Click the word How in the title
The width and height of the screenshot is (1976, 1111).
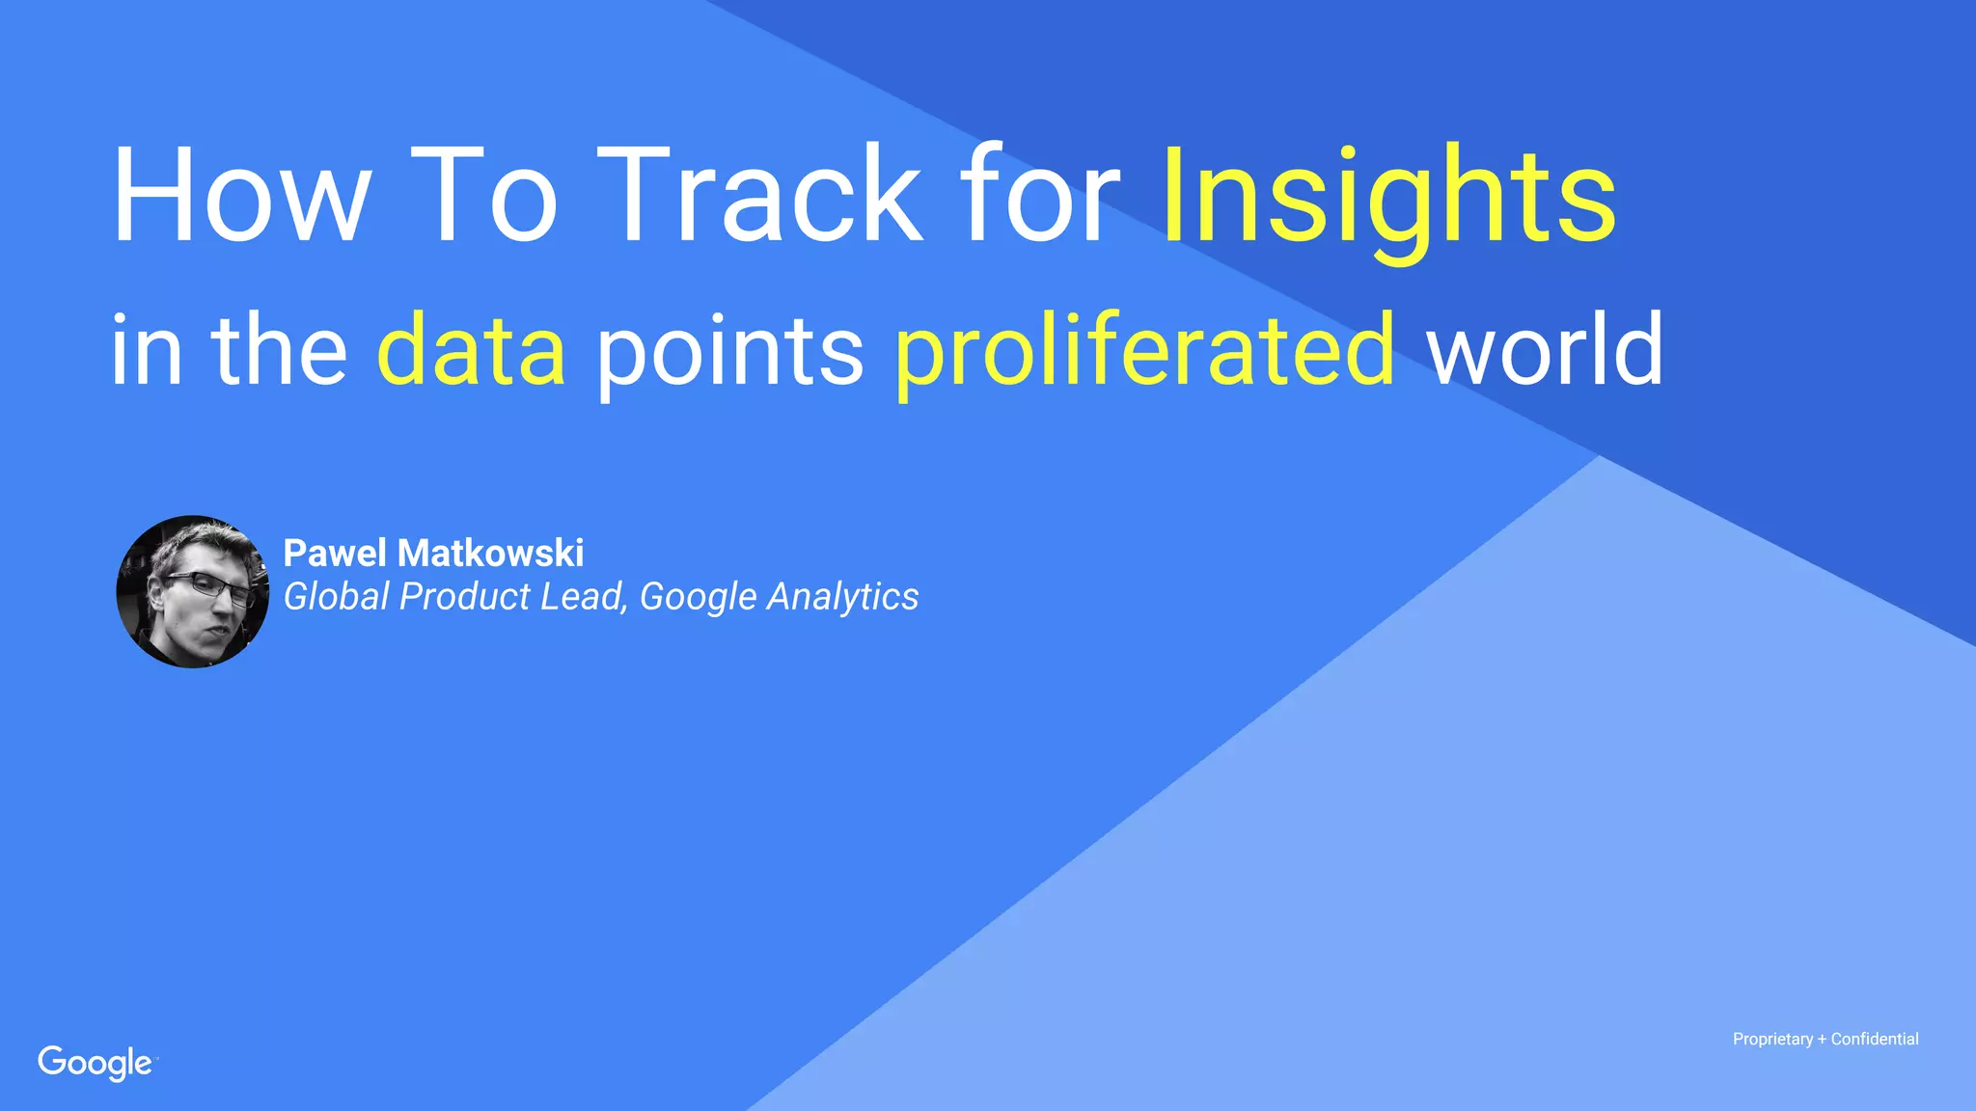(x=240, y=196)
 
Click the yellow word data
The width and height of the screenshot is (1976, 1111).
(x=471, y=349)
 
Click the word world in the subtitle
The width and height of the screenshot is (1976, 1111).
(x=1545, y=349)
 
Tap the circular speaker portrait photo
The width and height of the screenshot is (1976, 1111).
(x=193, y=591)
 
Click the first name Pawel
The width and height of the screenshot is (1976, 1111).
(x=336, y=554)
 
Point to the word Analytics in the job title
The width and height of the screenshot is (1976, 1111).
(x=842, y=597)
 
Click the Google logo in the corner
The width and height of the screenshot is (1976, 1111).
(x=96, y=1063)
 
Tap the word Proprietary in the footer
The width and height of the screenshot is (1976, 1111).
(x=1772, y=1040)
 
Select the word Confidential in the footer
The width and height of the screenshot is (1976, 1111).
(x=1875, y=1040)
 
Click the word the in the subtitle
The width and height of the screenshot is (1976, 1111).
(x=280, y=349)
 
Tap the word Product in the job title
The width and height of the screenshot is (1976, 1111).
(x=464, y=596)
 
